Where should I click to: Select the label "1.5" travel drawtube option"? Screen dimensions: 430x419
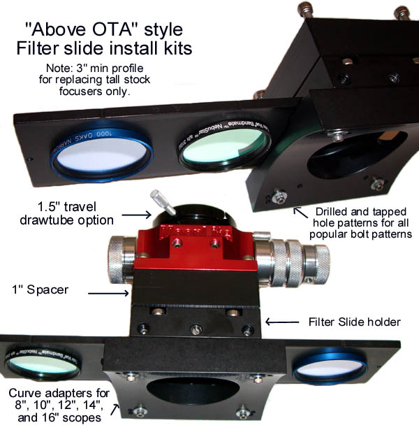point(67,214)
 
